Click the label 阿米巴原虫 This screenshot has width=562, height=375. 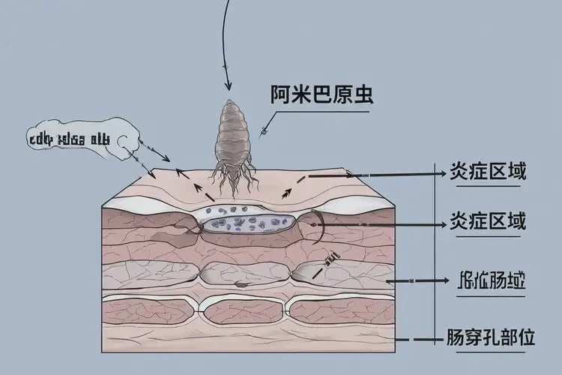pyautogui.click(x=321, y=96)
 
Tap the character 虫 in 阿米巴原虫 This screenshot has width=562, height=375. pyautogui.click(x=363, y=96)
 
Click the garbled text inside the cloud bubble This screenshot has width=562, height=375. pyautogui.click(x=68, y=139)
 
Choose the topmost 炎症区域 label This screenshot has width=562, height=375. pyautogui.click(x=487, y=172)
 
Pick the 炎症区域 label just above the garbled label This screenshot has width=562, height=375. pyautogui.click(x=487, y=223)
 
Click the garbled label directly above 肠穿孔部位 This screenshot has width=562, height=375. pyautogui.click(x=490, y=283)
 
